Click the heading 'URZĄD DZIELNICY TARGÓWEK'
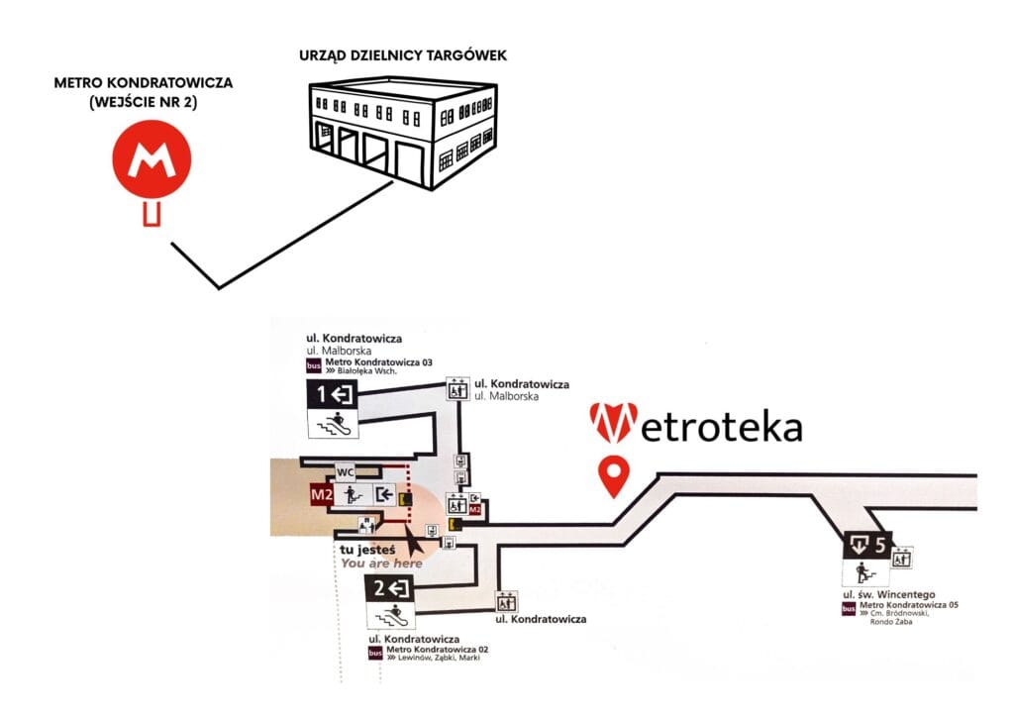coord(402,55)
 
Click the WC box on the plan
coord(346,471)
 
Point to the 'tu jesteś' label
coord(367,550)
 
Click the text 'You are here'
coord(381,563)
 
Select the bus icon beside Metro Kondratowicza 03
coord(314,365)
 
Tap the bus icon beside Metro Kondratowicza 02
coord(375,653)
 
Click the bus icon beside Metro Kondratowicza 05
coord(849,608)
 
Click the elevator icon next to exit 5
coord(902,558)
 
